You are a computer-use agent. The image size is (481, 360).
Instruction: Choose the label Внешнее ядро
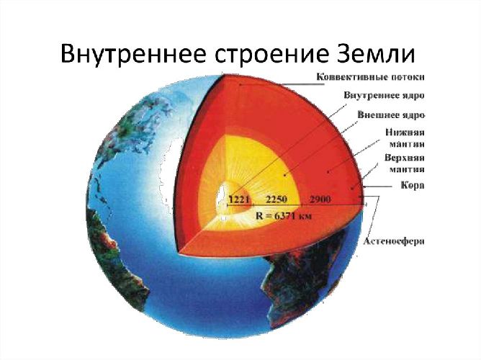390,114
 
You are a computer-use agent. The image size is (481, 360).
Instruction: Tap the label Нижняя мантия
404,139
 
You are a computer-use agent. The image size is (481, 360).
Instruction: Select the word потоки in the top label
406,76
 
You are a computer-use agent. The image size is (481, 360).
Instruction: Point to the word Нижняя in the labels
404,133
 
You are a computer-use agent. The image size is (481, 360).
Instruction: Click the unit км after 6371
305,215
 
